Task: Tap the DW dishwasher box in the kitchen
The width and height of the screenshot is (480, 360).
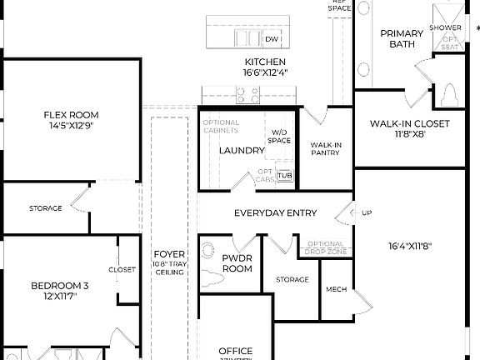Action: pyautogui.click(x=271, y=39)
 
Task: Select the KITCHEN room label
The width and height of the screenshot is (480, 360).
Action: pyautogui.click(x=265, y=62)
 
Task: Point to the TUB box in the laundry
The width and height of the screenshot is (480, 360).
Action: pyautogui.click(x=285, y=175)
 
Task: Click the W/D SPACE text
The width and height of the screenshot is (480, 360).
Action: pyautogui.click(x=280, y=136)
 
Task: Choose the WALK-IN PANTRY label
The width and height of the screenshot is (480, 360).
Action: pyautogui.click(x=325, y=148)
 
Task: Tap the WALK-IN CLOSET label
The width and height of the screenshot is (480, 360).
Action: pyautogui.click(x=409, y=124)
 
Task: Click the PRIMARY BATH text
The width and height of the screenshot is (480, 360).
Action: pyautogui.click(x=402, y=39)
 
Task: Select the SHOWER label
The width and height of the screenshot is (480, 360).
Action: pyautogui.click(x=445, y=27)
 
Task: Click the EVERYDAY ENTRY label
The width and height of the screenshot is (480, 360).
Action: pyautogui.click(x=275, y=213)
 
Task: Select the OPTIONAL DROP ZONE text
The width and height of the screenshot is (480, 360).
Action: pyautogui.click(x=326, y=247)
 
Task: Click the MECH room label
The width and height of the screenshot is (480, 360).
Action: pyautogui.click(x=336, y=290)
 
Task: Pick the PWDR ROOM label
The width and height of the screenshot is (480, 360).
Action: pyautogui.click(x=237, y=264)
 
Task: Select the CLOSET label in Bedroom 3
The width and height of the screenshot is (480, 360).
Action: pyautogui.click(x=122, y=269)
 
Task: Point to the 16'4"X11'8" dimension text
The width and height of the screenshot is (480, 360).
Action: pyautogui.click(x=409, y=247)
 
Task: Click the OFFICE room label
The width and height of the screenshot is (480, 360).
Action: pyautogui.click(x=235, y=351)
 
